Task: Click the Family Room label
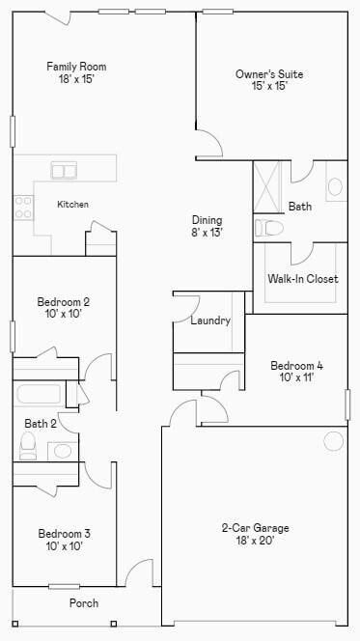point(76,73)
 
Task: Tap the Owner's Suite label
point(262,79)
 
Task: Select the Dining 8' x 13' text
point(208,226)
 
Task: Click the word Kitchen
point(72,205)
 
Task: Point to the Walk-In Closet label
point(302,279)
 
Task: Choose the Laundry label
point(210,320)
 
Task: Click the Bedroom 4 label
point(296,372)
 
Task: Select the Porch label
point(83,603)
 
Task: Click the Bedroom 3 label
point(66,540)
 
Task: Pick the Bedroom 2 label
point(64,307)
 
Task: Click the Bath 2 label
point(40,423)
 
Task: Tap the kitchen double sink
point(65,171)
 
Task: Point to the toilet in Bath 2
point(28,445)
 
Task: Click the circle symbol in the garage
point(333,441)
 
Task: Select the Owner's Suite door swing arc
point(209,147)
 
